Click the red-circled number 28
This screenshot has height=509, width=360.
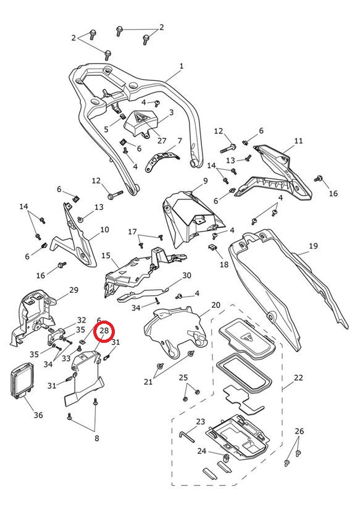pos(104,330)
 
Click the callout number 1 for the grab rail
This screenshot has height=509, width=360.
pos(182,66)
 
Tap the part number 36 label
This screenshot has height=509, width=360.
pos(38,415)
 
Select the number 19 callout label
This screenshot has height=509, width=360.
pos(313,246)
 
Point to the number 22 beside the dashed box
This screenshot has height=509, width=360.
pos(298,377)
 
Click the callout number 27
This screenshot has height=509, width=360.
pos(162,141)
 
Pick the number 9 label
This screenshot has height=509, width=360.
pos(205,181)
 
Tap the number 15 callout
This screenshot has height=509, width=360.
pos(106,256)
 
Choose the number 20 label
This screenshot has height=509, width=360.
pos(216,305)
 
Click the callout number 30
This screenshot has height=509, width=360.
pos(186,276)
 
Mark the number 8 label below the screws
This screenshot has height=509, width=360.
pos(97,438)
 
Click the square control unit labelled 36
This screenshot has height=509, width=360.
pos(23,380)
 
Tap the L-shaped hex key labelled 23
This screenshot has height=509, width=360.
pos(186,436)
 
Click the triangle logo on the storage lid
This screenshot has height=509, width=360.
pos(246,338)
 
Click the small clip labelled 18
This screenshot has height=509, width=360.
pos(212,247)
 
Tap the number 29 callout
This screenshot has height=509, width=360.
pos(74,290)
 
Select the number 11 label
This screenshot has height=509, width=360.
pos(298,141)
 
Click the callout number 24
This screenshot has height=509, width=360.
pos(201,451)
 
